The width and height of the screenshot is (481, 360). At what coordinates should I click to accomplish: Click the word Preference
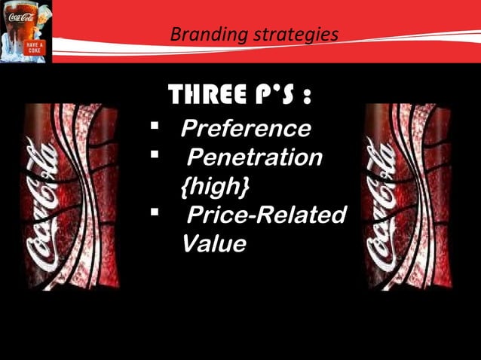[245, 128]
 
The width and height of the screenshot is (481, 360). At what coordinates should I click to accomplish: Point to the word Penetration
[254, 157]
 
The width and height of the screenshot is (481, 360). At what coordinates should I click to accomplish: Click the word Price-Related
[265, 215]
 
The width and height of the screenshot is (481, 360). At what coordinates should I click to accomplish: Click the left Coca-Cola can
[69, 196]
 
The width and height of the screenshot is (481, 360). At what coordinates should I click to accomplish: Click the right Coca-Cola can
[408, 196]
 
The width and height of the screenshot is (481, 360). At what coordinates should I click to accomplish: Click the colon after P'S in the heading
[306, 98]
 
